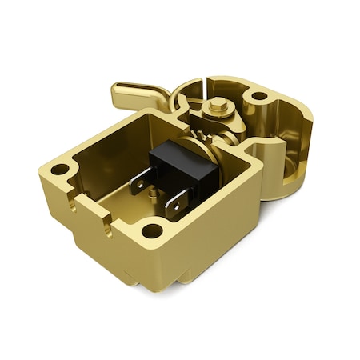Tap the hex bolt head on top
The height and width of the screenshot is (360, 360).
pyautogui.click(x=217, y=104)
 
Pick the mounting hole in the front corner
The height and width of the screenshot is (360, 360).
pyautogui.click(x=152, y=232)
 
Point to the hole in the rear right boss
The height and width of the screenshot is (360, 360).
pyautogui.click(x=259, y=96)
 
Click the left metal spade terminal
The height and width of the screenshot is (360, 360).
pyautogui.click(x=141, y=182)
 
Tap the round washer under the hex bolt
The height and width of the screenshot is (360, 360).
pyautogui.click(x=217, y=114)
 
